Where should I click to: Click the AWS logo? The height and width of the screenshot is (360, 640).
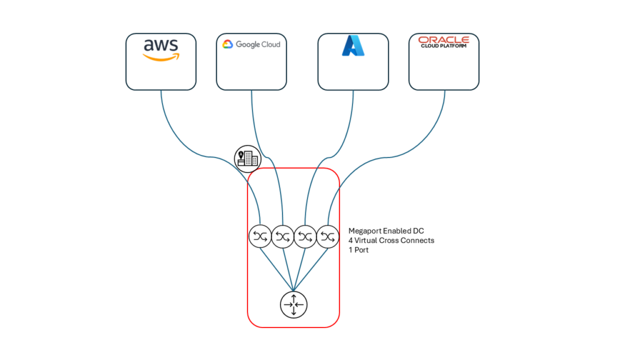click(x=161, y=50)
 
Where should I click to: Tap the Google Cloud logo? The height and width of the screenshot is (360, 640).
click(x=251, y=44)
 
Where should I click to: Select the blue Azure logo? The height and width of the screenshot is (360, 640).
click(x=352, y=46)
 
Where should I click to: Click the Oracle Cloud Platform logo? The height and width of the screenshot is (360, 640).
click(x=443, y=42)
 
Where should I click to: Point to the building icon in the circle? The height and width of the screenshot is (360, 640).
click(x=247, y=159)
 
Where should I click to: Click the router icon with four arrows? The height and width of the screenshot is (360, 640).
click(x=293, y=304)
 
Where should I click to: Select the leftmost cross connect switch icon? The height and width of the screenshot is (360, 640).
click(x=260, y=236)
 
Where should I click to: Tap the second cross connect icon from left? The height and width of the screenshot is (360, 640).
click(x=282, y=236)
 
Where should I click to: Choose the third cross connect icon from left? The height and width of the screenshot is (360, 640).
click(x=305, y=236)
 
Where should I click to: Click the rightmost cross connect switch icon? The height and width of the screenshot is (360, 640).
click(x=327, y=236)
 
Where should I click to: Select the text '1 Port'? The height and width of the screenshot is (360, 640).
click(x=359, y=249)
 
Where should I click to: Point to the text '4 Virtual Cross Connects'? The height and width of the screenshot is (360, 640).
click(x=391, y=241)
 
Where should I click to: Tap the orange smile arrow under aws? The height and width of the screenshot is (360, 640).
click(x=161, y=57)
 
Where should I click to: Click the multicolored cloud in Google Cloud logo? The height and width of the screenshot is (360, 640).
click(x=227, y=44)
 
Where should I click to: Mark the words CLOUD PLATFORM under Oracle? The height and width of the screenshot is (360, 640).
click(x=443, y=46)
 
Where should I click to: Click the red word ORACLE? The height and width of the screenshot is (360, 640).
click(x=443, y=40)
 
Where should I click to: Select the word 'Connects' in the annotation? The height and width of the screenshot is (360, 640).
click(x=418, y=241)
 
